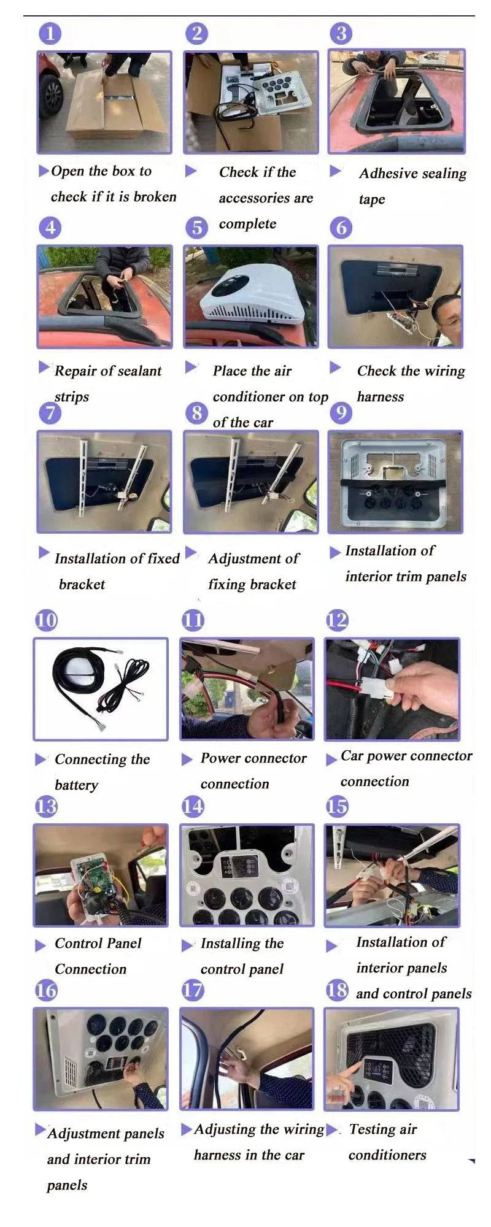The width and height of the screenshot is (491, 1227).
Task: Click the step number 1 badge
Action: [50, 34]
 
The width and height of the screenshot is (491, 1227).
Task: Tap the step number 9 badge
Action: [341, 412]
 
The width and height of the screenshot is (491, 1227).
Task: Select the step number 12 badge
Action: [337, 620]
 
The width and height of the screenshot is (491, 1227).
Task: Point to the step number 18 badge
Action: [337, 990]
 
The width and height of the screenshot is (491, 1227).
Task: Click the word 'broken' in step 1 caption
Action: [155, 196]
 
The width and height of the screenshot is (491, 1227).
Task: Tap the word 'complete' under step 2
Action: [247, 224]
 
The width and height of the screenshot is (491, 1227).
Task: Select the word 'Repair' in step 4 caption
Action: [74, 371]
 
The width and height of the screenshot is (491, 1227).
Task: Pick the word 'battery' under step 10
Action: [76, 785]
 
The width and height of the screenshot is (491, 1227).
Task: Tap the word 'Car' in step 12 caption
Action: [352, 756]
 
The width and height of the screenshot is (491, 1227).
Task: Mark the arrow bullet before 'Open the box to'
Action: [44, 171]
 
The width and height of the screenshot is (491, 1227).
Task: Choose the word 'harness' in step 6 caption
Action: [381, 397]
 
